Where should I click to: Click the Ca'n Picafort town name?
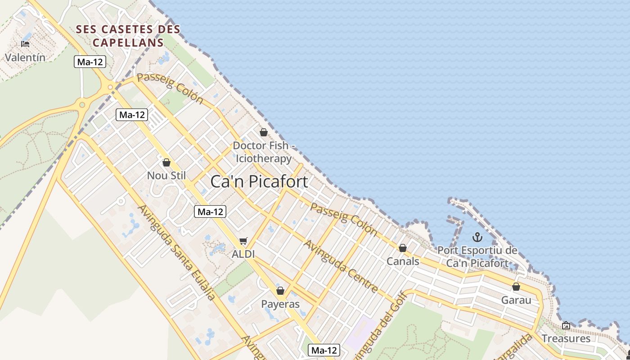[x=259, y=181]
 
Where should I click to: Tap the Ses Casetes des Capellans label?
[x=128, y=36]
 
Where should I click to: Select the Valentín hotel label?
[x=25, y=58]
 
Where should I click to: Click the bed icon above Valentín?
[x=25, y=44]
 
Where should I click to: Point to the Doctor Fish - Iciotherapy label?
[x=264, y=152]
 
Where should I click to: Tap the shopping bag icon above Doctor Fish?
[x=264, y=132]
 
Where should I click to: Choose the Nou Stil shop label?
[x=166, y=175]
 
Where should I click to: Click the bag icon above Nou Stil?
[x=166, y=162]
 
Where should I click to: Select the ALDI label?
[x=243, y=254]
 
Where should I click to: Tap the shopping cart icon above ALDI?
[x=243, y=241]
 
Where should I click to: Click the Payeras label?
[x=280, y=304]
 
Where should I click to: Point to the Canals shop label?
[x=403, y=261]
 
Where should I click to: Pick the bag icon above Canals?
[x=403, y=248]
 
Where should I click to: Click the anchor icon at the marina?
[x=477, y=237]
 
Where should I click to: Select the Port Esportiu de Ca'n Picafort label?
[x=477, y=256]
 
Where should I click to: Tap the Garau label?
[x=516, y=300]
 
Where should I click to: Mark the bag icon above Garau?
[x=516, y=287]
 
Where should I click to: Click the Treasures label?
[x=566, y=338]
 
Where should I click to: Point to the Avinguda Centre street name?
[x=341, y=266]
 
